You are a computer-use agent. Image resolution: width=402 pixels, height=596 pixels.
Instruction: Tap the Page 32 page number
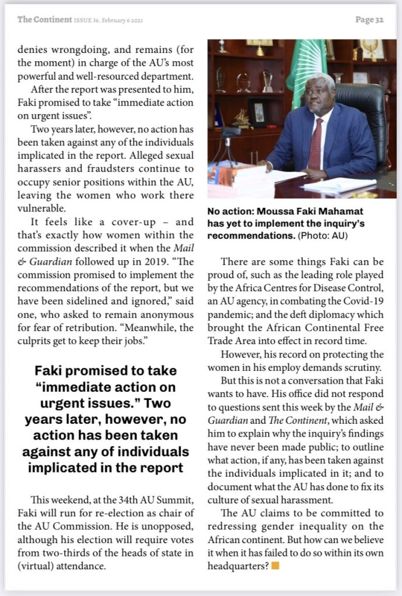click(x=369, y=20)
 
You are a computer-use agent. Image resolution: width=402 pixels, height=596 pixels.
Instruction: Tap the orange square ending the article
click(x=276, y=565)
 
